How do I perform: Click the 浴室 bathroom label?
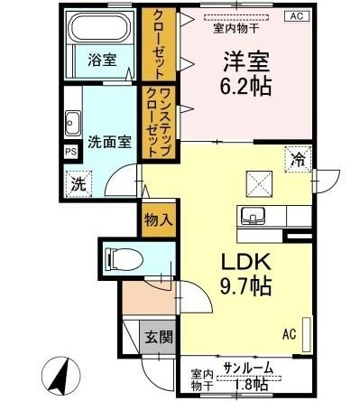(x=101, y=61)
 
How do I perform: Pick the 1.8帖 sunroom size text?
(x=251, y=386)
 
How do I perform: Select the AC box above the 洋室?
(x=296, y=15)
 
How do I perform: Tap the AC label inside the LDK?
(x=290, y=335)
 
